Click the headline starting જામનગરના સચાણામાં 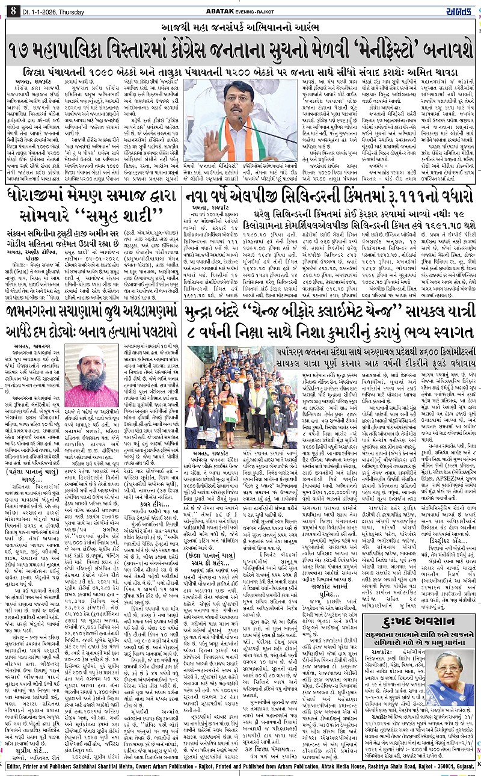tap(91, 312)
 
